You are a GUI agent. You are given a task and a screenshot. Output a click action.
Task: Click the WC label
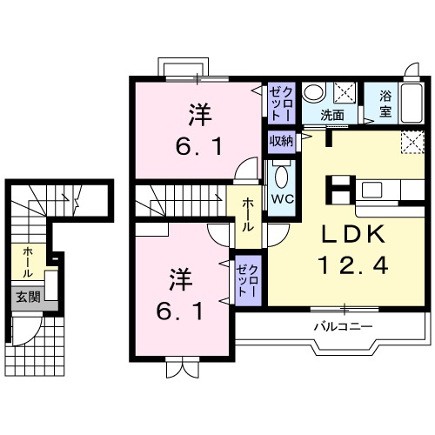pyautogui.click(x=281, y=198)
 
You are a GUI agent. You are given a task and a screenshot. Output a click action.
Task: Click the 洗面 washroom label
pyautogui.click(x=331, y=114)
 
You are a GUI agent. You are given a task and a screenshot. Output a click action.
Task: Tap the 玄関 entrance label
pyautogui.click(x=27, y=296)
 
